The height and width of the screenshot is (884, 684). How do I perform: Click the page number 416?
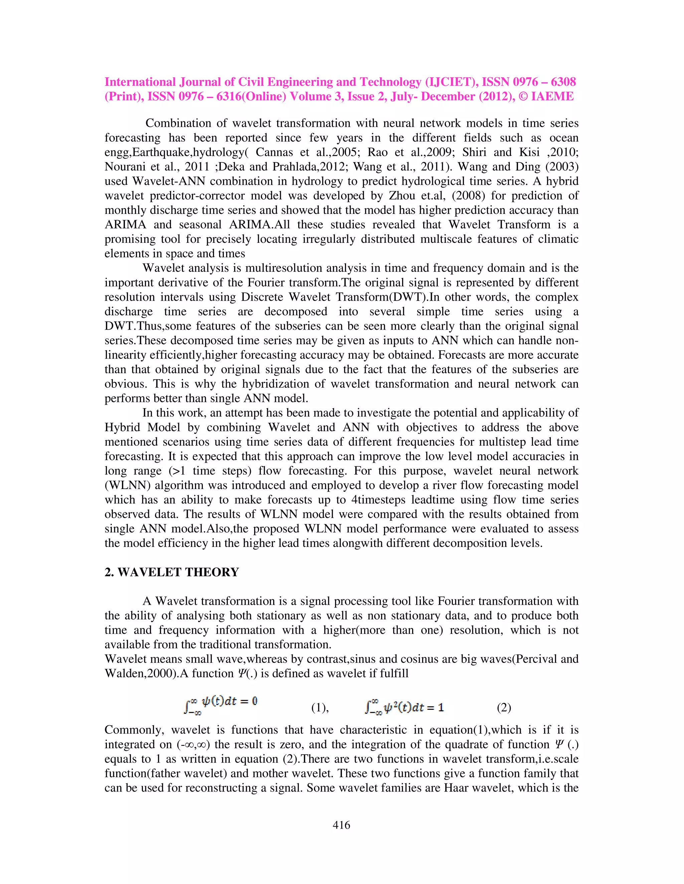pyautogui.click(x=341, y=825)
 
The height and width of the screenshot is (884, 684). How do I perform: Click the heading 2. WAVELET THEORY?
pyautogui.click(x=171, y=572)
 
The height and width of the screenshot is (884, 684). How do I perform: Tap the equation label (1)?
pyautogui.click(x=320, y=708)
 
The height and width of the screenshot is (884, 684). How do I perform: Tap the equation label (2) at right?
pyautogui.click(x=504, y=708)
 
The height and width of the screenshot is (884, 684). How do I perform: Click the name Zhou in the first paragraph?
pyautogui.click(x=401, y=195)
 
